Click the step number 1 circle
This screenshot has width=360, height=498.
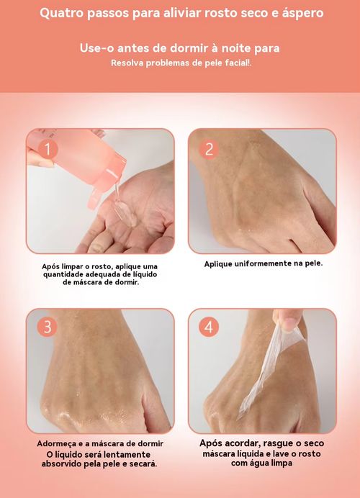click(48, 149)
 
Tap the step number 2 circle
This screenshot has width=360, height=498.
click(209, 149)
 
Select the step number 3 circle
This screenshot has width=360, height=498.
click(48, 327)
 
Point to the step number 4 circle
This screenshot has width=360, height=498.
click(209, 327)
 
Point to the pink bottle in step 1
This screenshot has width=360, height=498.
click(79, 162)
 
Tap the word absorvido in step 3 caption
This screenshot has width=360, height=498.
click(61, 463)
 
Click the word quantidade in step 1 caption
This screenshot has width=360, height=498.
click(63, 274)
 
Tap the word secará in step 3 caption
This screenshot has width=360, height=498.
click(145, 463)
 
